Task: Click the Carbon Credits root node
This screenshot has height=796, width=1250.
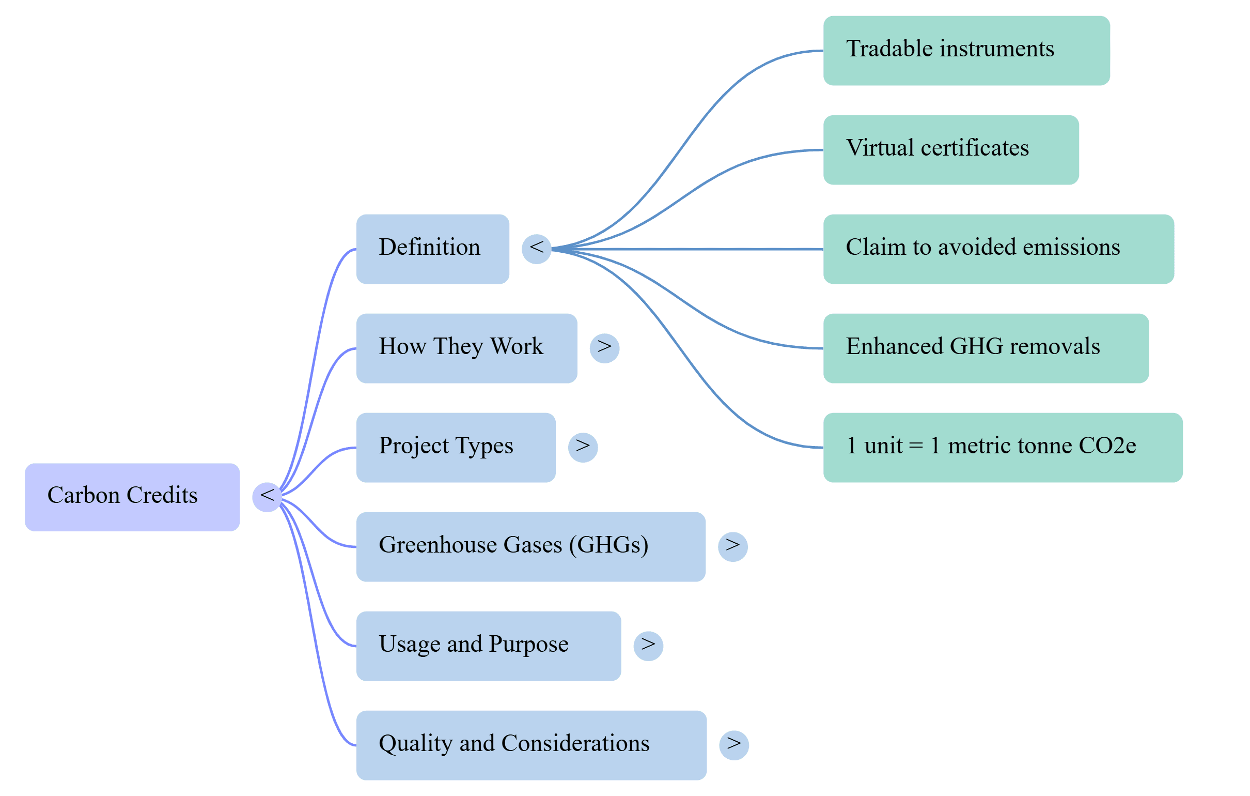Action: point(132,497)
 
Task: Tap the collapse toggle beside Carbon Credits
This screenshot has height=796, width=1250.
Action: point(267,497)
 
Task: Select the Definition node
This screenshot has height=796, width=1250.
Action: point(432,249)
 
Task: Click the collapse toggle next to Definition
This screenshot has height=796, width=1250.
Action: point(536,249)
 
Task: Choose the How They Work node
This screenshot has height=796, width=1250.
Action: point(466,348)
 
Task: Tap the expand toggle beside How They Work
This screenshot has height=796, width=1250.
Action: point(604,348)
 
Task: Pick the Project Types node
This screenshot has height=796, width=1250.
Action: point(456,447)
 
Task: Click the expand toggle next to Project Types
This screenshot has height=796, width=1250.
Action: point(583,447)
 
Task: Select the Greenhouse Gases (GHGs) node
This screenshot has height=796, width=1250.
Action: point(530,546)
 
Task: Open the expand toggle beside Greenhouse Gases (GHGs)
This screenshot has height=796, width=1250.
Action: point(732,546)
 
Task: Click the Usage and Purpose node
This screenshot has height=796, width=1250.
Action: point(489,646)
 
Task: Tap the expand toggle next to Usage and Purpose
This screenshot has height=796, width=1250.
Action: point(648,646)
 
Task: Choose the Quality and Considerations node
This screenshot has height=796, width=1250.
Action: point(531,745)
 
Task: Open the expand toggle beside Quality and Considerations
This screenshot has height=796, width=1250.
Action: point(733,745)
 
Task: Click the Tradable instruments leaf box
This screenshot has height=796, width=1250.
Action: point(966,51)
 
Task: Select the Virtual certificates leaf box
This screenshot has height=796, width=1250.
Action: point(951,150)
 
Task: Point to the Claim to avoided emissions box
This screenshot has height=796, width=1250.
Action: point(999,249)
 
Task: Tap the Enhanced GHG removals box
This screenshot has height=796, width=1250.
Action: point(986,348)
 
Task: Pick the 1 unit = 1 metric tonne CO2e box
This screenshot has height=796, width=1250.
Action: point(1003,447)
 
